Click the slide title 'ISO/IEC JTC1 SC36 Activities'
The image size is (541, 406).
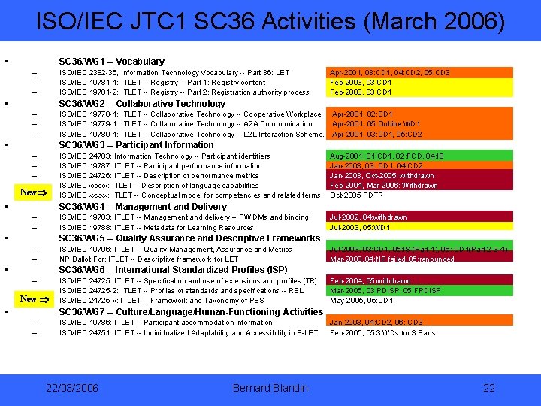click(x=270, y=22)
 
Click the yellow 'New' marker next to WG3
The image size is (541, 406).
click(x=32, y=192)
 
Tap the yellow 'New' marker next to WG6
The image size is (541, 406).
click(x=33, y=298)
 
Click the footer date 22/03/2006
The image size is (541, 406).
click(x=71, y=388)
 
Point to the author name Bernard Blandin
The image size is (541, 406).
click(x=270, y=388)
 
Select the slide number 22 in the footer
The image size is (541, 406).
click(x=489, y=388)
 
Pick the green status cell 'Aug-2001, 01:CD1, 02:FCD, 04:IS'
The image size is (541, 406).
click(x=387, y=156)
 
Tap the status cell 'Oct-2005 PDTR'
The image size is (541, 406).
click(x=358, y=195)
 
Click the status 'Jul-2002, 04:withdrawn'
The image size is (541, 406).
click(x=368, y=217)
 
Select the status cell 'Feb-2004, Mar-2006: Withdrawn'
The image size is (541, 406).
click(x=384, y=186)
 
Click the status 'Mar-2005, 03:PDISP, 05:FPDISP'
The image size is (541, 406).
click(x=384, y=290)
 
